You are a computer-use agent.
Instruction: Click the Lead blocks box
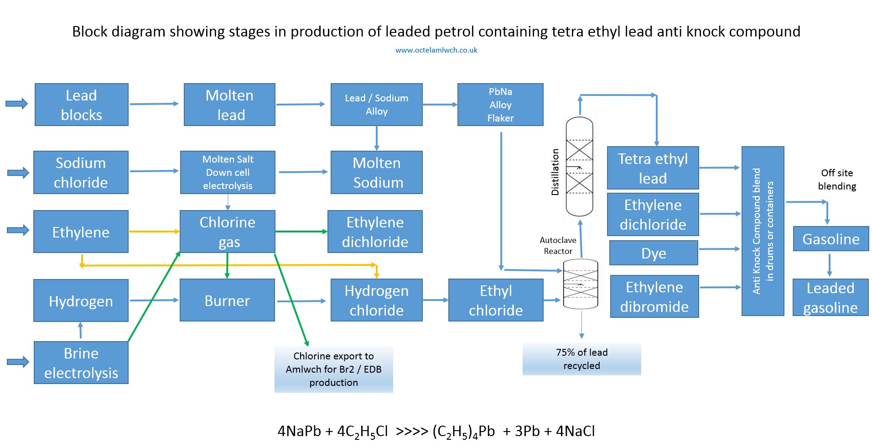click(82, 105)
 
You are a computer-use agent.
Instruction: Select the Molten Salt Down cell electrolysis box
click(228, 172)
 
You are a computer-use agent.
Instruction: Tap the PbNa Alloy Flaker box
click(500, 105)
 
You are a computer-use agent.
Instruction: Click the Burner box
click(227, 300)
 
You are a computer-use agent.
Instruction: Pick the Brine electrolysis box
click(81, 363)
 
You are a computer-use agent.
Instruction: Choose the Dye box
click(654, 253)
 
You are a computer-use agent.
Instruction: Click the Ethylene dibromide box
click(654, 296)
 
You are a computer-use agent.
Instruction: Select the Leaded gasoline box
click(830, 297)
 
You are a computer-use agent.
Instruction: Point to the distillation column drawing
click(579, 167)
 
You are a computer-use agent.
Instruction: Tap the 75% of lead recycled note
click(581, 359)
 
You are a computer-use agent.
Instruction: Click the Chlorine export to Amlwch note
click(333, 369)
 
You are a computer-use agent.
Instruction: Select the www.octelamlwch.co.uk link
click(436, 50)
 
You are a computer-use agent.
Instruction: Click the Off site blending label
click(837, 179)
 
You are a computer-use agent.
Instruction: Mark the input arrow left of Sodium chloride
click(18, 173)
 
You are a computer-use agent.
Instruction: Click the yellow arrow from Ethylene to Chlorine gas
click(154, 232)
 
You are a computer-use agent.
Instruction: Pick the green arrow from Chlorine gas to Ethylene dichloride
click(301, 232)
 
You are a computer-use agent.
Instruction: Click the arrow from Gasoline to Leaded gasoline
click(829, 265)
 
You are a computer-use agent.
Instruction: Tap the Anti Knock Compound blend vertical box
click(763, 231)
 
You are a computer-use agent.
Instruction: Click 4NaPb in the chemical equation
click(299, 431)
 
